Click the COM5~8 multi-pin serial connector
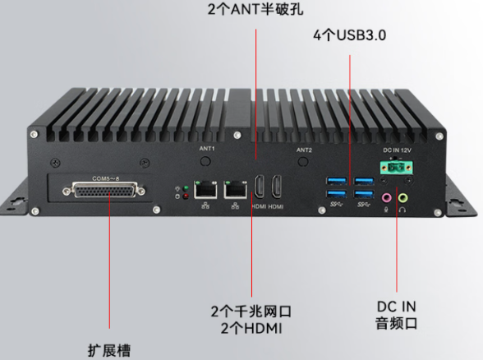coord(103,191)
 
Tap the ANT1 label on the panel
coord(207,149)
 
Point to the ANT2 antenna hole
coord(303,161)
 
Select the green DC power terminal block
coord(397,168)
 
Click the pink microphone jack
coord(386,197)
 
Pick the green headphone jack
coord(402,197)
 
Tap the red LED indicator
coord(186,196)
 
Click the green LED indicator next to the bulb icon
coord(186,188)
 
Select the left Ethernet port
coord(205,190)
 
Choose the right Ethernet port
coord(235,190)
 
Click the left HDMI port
coord(259,187)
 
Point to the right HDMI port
coord(276,187)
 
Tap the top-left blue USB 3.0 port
coord(337,180)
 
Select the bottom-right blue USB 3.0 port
coord(364,194)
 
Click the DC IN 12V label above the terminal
coord(397,150)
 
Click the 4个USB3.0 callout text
coord(350,35)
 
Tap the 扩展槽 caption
coord(109,350)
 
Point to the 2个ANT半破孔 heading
coord(255,9)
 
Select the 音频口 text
coord(397,323)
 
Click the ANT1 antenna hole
coord(205,161)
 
